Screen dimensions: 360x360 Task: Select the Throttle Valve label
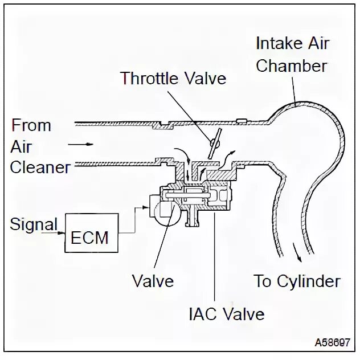pyautogui.click(x=173, y=77)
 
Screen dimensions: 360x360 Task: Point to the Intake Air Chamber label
pyautogui.click(x=291, y=54)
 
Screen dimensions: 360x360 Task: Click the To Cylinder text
pyautogui.click(x=297, y=280)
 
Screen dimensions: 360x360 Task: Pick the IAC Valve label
pyautogui.click(x=227, y=313)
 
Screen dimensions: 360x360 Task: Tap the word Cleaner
pyautogui.click(x=40, y=167)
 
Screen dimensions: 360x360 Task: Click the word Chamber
pyautogui.click(x=291, y=65)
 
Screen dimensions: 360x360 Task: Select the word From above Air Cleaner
pyautogui.click(x=31, y=125)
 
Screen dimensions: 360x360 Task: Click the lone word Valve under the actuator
pyautogui.click(x=153, y=280)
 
